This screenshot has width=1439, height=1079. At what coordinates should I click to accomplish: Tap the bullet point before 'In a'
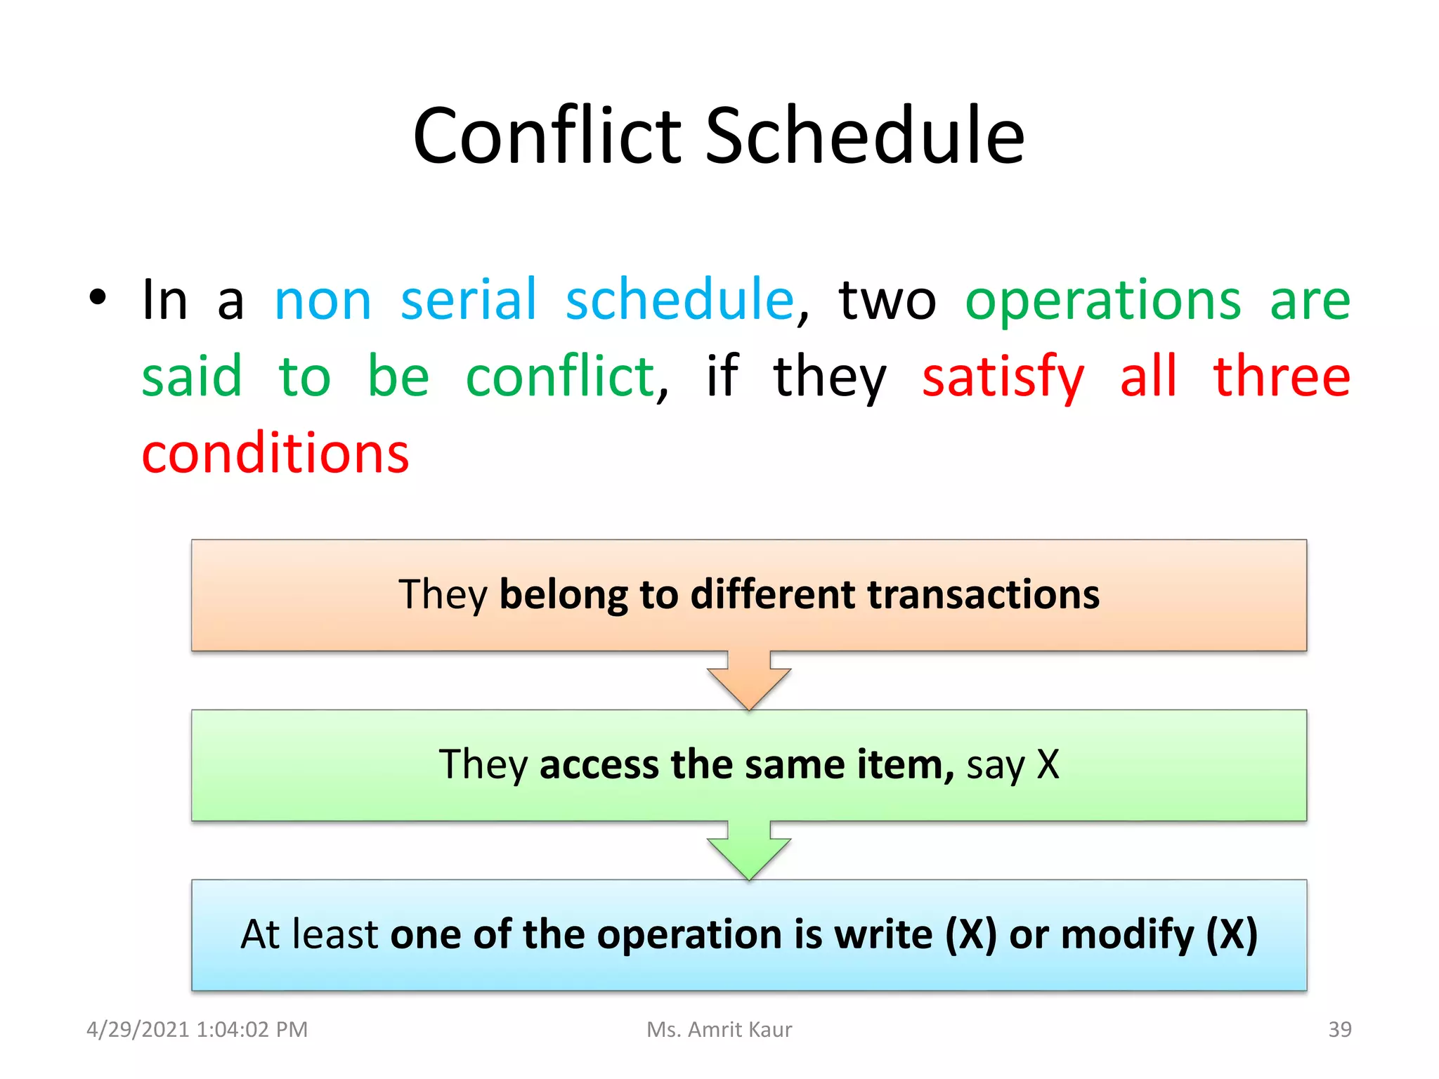98,297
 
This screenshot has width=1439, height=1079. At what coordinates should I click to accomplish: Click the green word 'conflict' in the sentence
561,377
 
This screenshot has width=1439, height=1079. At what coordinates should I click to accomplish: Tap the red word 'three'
1282,377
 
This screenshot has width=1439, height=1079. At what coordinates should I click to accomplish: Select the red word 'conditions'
275,454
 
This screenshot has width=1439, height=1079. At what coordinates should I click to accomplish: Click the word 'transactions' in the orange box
983,595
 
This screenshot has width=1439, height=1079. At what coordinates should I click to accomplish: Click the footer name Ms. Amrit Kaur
719,1030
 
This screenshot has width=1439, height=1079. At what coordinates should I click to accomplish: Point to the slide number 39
1339,1030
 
